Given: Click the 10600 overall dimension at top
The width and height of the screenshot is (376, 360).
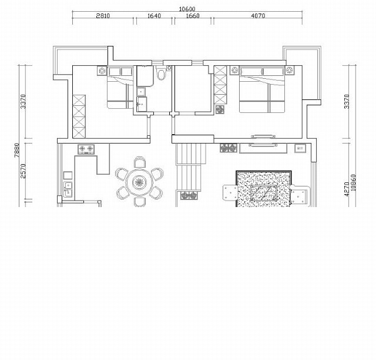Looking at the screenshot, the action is [x=187, y=9].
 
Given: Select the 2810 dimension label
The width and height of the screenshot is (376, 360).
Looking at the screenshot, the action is [x=103, y=16].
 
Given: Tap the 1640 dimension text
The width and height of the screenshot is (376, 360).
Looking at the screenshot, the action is [x=154, y=16].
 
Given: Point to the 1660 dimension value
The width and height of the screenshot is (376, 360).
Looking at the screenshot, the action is [x=193, y=16].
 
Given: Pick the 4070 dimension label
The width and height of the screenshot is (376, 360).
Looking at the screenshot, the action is [x=258, y=16].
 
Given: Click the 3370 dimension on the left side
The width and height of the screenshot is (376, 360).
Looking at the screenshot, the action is [x=23, y=102].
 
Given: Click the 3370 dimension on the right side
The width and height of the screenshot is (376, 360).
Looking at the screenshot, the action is [x=347, y=102].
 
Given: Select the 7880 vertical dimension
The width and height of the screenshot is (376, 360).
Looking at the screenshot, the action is [x=16, y=151].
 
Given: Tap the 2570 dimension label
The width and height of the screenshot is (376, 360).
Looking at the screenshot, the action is [x=23, y=171].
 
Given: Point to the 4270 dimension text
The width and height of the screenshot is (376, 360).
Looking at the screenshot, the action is [x=347, y=189].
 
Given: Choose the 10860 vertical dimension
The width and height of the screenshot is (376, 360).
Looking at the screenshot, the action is [x=353, y=183].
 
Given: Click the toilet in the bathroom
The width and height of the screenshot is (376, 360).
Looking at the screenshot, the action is [x=161, y=73].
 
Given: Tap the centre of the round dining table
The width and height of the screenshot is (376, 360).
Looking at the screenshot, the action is [x=139, y=182].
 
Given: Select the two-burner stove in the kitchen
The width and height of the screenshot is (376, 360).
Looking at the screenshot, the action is [x=86, y=149].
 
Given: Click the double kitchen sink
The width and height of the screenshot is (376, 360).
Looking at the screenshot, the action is [x=68, y=189].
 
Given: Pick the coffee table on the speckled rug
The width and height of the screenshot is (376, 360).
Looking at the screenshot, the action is [x=264, y=192].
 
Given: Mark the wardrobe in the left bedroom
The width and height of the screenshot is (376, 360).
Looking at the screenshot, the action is [x=79, y=116].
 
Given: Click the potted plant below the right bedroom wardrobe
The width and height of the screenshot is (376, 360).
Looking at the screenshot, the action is [x=220, y=109].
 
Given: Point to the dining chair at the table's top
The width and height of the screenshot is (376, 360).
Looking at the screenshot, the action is [x=139, y=162].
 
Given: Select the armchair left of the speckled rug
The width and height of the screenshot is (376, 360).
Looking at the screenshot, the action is [x=230, y=192].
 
